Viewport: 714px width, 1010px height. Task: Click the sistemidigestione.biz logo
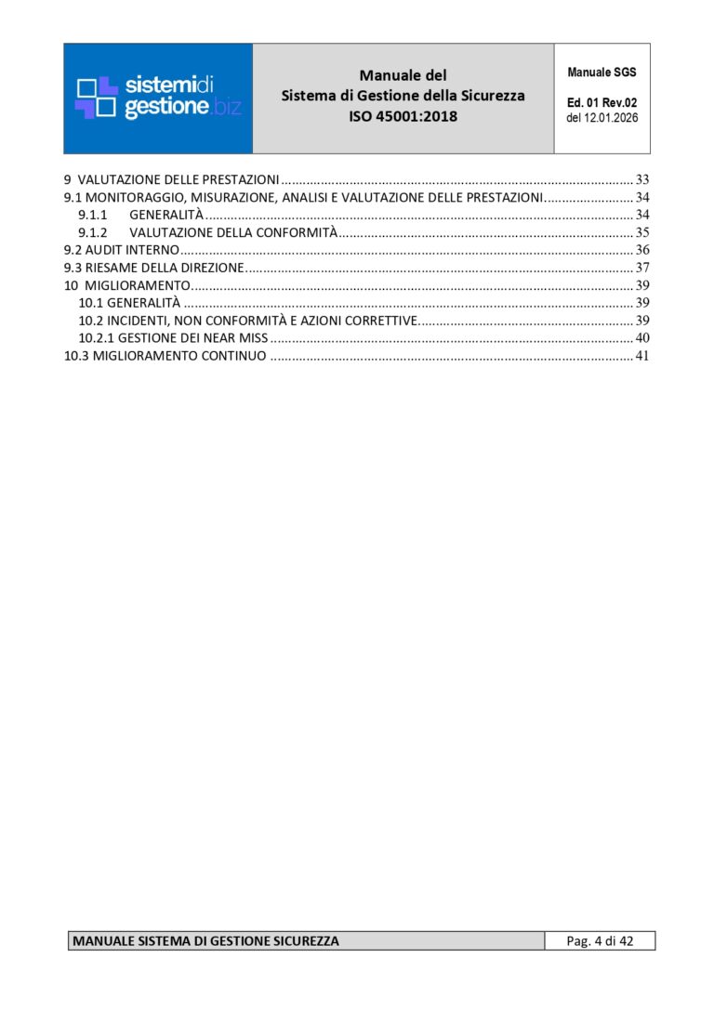click(x=158, y=98)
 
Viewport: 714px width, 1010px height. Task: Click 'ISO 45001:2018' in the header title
click(x=403, y=117)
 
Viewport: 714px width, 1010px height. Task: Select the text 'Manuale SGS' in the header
click(x=602, y=72)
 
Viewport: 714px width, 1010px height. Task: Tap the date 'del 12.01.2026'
click(x=602, y=118)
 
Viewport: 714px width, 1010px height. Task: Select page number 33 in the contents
click(x=641, y=178)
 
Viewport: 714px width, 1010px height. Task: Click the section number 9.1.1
click(x=93, y=215)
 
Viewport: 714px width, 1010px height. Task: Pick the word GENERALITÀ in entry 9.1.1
click(x=166, y=215)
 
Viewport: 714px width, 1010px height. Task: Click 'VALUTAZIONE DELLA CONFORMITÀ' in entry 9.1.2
click(x=232, y=232)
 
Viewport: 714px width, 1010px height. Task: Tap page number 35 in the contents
click(x=641, y=232)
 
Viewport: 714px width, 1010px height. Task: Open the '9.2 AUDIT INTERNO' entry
click(x=121, y=250)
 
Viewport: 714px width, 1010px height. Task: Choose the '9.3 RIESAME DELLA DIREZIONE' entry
click(x=153, y=268)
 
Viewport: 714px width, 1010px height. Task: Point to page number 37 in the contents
click(x=641, y=268)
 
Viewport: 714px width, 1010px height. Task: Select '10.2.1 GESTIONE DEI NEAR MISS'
click(x=166, y=338)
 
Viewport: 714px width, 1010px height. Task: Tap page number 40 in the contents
click(x=641, y=338)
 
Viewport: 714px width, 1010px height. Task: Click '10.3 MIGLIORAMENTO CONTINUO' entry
click(x=165, y=356)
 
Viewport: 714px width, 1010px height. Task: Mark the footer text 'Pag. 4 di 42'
click(x=600, y=941)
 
